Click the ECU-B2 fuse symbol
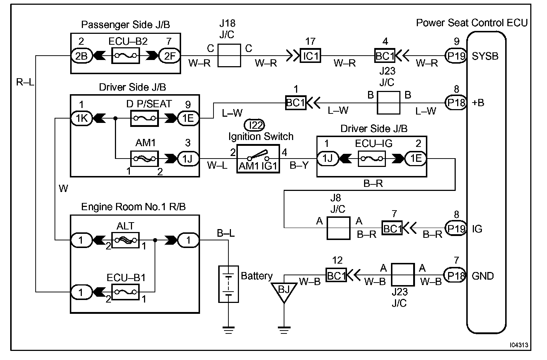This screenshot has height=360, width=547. (125, 56)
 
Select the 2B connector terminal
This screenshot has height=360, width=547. (81, 56)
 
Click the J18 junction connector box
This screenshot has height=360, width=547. (229, 56)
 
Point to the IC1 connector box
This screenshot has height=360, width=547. (310, 56)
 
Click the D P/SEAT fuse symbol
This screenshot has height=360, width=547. (144, 118)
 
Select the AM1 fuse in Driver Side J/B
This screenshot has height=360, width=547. (144, 159)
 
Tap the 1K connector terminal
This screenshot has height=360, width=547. (81, 118)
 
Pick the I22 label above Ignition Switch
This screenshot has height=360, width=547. (255, 125)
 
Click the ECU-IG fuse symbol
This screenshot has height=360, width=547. (372, 159)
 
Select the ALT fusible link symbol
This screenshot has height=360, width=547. (125, 240)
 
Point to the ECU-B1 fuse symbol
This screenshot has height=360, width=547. (125, 292)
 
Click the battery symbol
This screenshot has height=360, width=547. (228, 284)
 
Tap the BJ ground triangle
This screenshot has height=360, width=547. (284, 291)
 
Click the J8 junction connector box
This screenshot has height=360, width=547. (338, 228)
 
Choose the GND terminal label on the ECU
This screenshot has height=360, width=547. (483, 276)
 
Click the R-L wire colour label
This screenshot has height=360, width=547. (25, 82)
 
